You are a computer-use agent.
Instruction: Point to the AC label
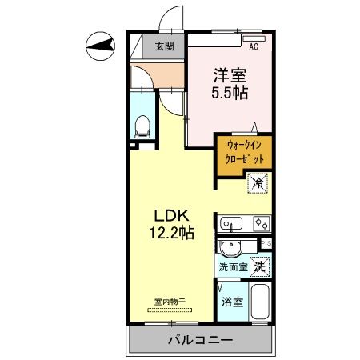[254, 46]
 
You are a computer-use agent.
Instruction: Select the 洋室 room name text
[230, 75]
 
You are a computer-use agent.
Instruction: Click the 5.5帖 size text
[230, 93]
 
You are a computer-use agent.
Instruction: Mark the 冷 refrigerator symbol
[258, 183]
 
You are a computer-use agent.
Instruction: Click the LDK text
[170, 216]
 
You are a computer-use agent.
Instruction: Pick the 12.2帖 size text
[170, 234]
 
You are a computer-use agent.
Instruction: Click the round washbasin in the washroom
[231, 247]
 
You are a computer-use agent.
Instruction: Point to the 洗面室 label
[232, 267]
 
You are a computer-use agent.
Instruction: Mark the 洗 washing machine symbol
[259, 266]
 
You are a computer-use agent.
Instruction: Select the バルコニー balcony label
[199, 341]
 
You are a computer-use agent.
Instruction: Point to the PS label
[267, 243]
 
